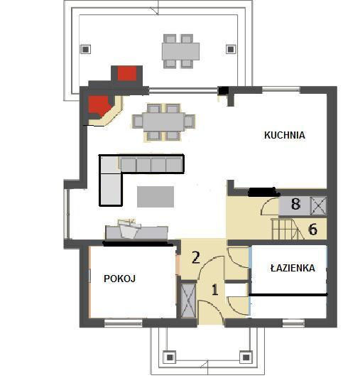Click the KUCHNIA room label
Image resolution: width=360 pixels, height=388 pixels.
click(x=285, y=135)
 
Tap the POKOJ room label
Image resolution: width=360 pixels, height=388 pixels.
click(x=120, y=279)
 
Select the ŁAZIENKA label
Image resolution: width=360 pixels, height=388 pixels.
click(x=293, y=268)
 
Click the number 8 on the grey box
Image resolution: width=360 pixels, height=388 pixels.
click(x=295, y=205)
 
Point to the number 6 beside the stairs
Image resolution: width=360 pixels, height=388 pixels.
click(x=312, y=229)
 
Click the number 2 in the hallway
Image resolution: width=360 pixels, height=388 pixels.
click(x=196, y=257)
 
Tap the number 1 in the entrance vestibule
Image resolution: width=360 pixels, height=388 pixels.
click(x=215, y=289)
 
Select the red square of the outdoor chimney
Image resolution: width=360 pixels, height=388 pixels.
click(x=127, y=73)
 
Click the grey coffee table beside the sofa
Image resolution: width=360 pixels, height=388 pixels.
click(x=156, y=197)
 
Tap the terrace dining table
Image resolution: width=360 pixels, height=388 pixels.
click(x=181, y=51)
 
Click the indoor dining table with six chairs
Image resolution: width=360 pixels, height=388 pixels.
click(x=163, y=122)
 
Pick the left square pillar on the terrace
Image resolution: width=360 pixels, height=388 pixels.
click(x=85, y=50)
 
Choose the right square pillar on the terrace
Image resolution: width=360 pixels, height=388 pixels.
click(x=231, y=50)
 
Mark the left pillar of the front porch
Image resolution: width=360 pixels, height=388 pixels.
click(x=170, y=357)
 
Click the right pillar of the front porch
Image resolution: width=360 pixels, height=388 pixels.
click(x=246, y=357)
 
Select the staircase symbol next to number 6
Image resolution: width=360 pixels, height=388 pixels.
click(x=288, y=229)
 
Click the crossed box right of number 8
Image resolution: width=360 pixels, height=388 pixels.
click(x=318, y=205)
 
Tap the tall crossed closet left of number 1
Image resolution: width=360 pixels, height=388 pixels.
click(x=188, y=301)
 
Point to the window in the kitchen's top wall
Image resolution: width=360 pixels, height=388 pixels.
click(x=281, y=90)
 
